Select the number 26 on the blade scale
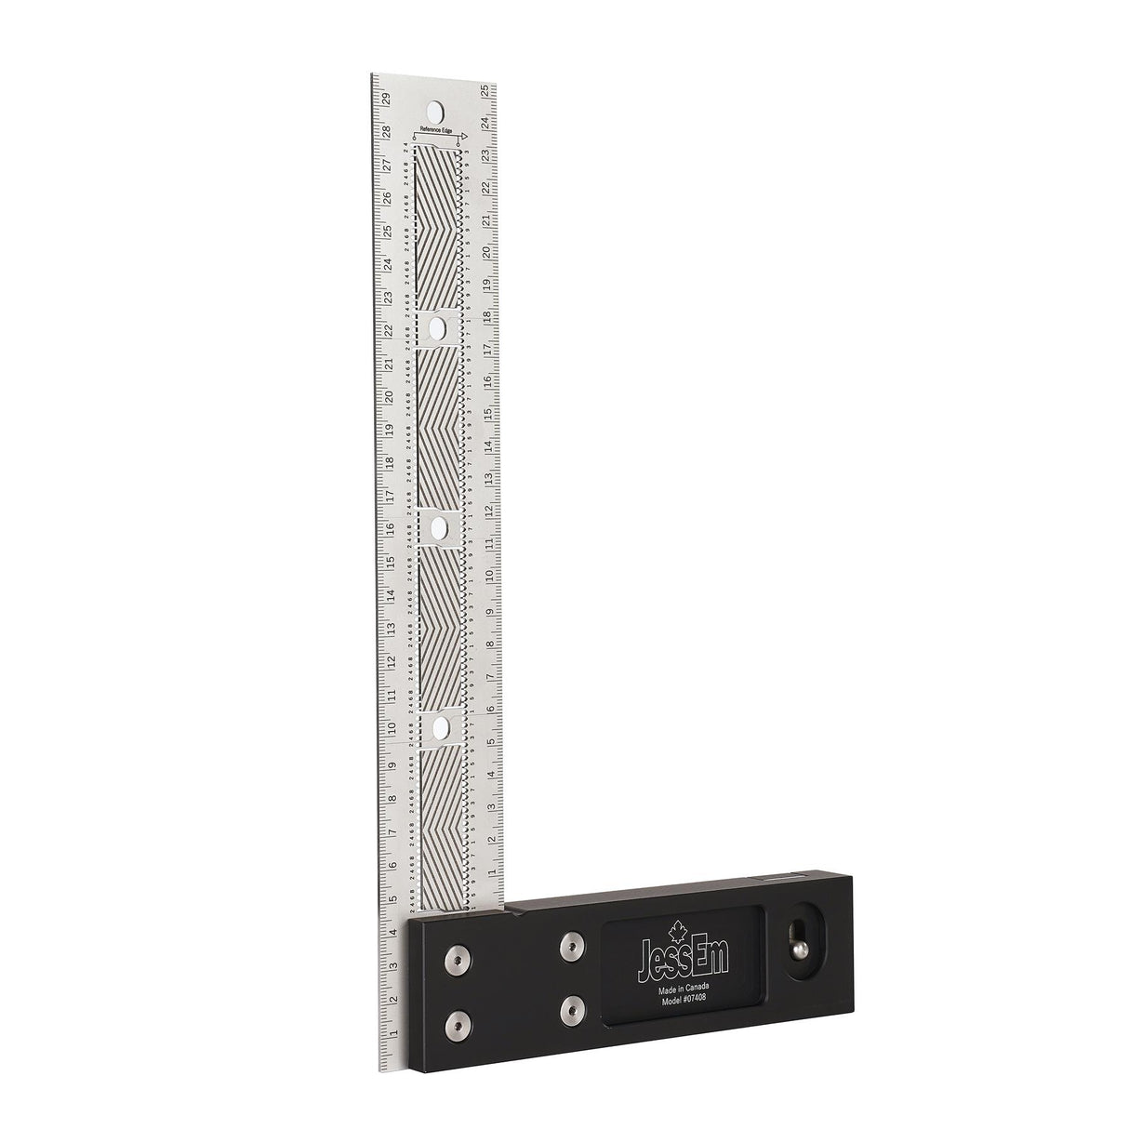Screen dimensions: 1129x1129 [387, 198]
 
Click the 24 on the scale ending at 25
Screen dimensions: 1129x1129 [485, 122]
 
